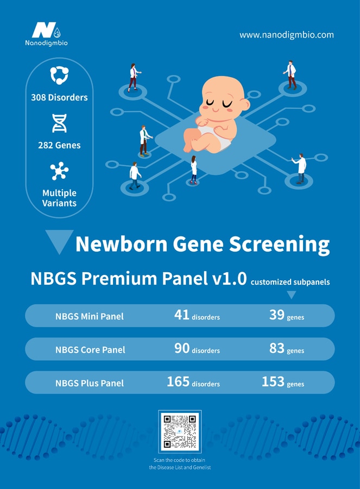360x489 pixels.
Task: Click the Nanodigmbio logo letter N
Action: point(44,30)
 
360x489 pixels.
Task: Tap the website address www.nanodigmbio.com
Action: point(287,35)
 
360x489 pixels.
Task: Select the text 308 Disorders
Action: point(59,97)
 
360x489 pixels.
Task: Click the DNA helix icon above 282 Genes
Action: point(59,123)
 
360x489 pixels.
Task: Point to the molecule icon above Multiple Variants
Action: point(59,171)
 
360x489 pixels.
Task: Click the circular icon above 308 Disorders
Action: point(59,75)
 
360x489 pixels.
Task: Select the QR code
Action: point(180,431)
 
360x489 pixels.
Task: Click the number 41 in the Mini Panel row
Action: point(182,315)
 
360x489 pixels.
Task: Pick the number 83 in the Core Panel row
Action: point(277,348)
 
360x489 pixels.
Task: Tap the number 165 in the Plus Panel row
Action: point(178,382)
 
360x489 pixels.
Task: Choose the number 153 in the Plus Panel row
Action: point(273,382)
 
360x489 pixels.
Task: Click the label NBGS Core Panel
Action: point(90,349)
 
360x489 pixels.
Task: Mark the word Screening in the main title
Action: point(279,244)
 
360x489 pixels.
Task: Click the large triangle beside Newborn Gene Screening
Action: point(59,241)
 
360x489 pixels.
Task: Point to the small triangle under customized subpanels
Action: point(291,294)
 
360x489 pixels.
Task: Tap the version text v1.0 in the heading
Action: point(229,278)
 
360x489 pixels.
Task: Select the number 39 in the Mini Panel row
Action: point(277,315)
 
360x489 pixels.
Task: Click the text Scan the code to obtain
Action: point(179,460)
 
